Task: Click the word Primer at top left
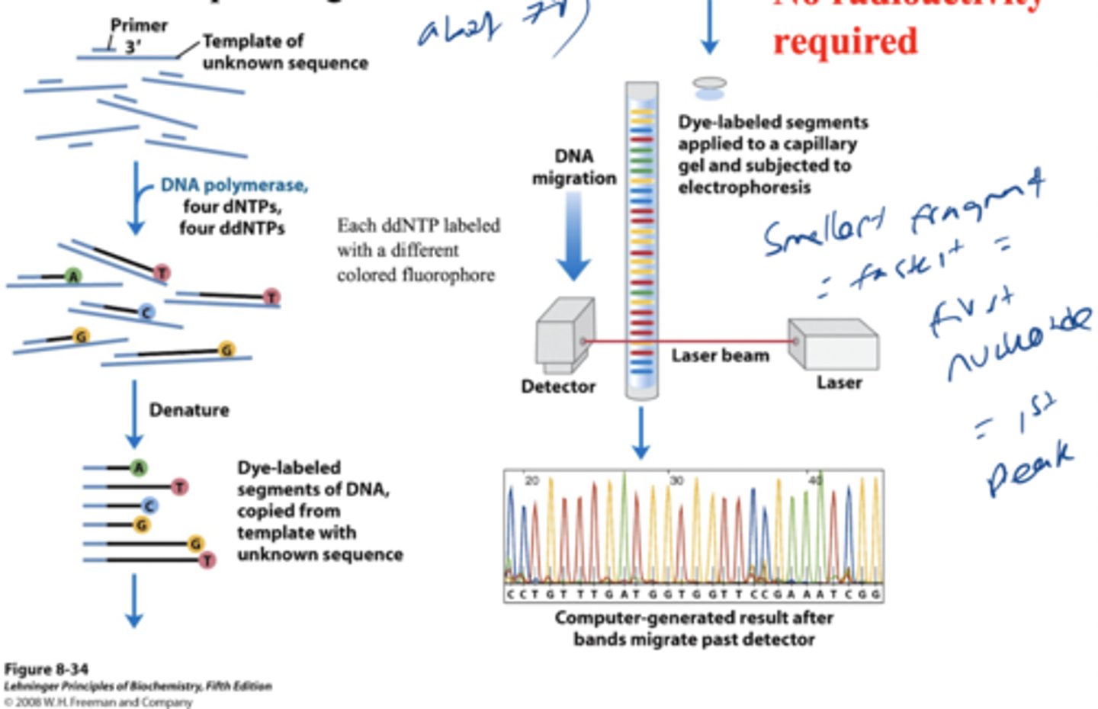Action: coord(139,25)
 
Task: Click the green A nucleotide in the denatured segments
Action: coord(139,467)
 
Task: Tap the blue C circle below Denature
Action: coord(150,505)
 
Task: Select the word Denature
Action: coord(189,410)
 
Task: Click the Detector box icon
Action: coord(564,336)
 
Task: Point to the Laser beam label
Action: coord(720,355)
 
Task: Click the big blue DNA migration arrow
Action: coord(573,236)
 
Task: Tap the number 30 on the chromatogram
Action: coord(676,480)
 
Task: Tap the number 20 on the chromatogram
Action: coord(531,480)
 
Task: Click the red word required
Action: coord(845,41)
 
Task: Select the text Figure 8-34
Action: coord(46,669)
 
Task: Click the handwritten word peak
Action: coord(1029,465)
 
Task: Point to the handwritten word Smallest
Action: coord(823,229)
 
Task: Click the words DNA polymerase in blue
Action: coord(234,185)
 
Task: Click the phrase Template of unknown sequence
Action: coord(284,52)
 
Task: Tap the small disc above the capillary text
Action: coord(710,84)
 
